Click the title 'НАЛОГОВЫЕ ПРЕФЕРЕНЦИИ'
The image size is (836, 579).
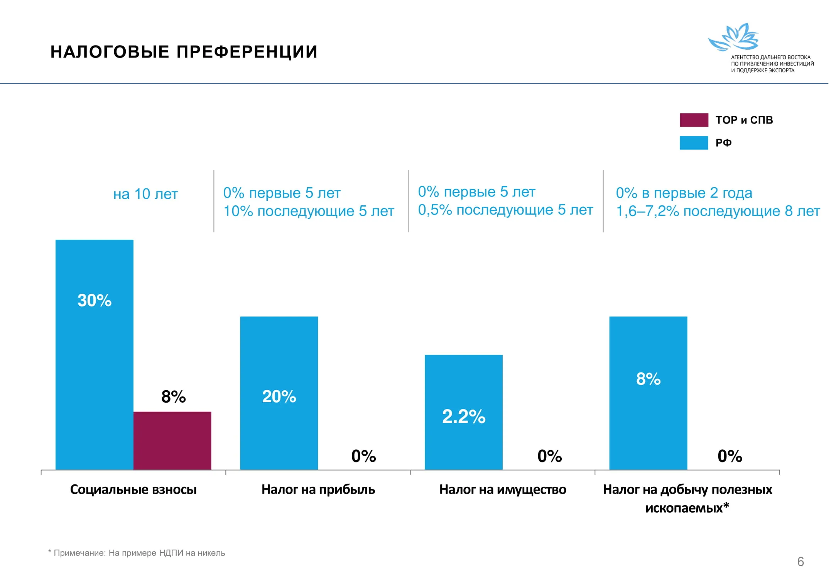point(184,52)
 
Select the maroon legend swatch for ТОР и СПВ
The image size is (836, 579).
point(694,120)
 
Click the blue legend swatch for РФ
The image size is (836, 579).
point(694,143)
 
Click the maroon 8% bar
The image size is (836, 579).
point(172,440)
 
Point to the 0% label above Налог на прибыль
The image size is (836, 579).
point(363,456)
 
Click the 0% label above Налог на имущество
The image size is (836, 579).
point(549,456)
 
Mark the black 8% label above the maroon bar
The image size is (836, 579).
point(173,397)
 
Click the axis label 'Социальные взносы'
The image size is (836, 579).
point(133,489)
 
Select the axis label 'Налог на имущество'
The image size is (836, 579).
point(502,489)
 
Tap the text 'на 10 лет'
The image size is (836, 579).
point(145,194)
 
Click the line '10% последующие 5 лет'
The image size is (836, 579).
point(309,211)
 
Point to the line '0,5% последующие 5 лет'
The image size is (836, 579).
point(505,210)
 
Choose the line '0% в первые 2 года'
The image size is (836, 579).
point(684,193)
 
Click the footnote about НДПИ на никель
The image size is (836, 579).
point(137,553)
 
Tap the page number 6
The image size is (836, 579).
point(801,562)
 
